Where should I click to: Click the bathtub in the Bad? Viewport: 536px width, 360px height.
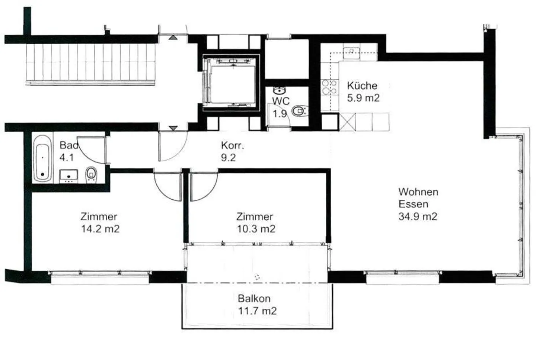(x=42, y=159)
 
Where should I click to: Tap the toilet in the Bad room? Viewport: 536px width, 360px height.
(x=91, y=174)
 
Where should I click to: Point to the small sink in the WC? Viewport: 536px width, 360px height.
(x=279, y=90)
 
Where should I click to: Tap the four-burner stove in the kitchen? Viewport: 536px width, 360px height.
(x=330, y=87)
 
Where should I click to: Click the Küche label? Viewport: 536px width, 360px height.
(x=362, y=86)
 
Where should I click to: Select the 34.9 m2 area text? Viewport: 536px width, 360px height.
(x=418, y=216)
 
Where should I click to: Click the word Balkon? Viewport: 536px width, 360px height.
(x=254, y=299)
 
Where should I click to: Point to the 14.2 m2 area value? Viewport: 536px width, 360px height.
(x=100, y=229)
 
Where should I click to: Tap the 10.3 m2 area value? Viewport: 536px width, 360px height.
(x=256, y=229)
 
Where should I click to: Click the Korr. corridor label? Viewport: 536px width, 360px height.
(x=232, y=145)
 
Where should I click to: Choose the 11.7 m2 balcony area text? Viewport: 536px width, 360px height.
(x=258, y=311)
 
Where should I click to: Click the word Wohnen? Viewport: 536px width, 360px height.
(x=418, y=192)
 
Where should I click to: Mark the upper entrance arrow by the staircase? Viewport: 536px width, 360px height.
(x=173, y=38)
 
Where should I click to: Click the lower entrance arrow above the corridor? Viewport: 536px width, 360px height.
(x=173, y=128)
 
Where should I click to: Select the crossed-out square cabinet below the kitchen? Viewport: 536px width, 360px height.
(x=347, y=122)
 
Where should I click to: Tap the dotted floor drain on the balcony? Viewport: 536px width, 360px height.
(x=257, y=277)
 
